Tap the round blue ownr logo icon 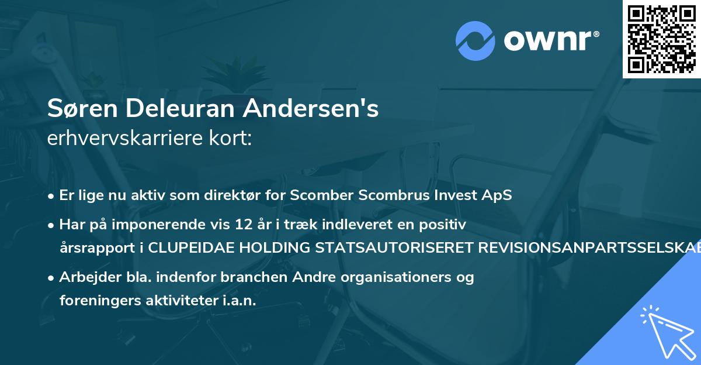tap(476, 41)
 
